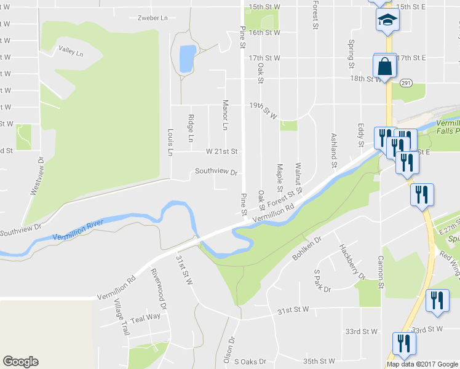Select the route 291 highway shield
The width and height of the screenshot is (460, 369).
(406, 82)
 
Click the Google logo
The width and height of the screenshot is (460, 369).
(20, 362)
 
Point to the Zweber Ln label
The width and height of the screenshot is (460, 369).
(153, 18)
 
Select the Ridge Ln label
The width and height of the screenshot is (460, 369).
(191, 129)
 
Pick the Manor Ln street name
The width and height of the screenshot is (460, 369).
(225, 115)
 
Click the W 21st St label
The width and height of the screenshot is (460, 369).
(221, 151)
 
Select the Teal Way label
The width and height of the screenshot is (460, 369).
(145, 317)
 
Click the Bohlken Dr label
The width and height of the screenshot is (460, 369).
(307, 248)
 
